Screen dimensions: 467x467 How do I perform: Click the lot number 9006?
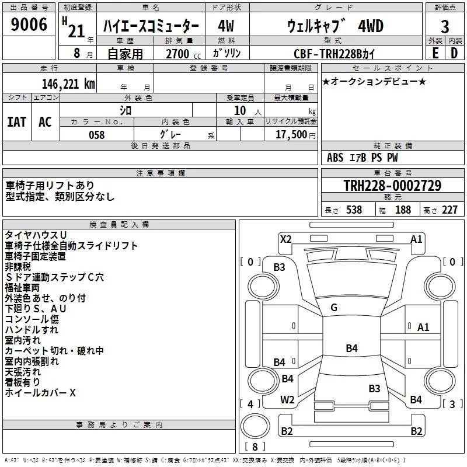[x=29, y=25]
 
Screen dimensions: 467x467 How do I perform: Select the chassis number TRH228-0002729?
[x=392, y=186]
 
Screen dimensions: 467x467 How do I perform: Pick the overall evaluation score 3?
[x=445, y=26]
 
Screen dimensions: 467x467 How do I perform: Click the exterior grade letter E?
[x=435, y=53]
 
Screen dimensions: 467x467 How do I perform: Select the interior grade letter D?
[x=454, y=53]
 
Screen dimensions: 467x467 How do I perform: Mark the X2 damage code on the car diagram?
[x=285, y=238]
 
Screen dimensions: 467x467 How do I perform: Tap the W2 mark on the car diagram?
[x=287, y=400]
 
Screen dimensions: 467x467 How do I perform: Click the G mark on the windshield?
[x=334, y=308]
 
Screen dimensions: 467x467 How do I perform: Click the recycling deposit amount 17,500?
[x=293, y=135]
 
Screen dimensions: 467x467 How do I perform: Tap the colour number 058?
[x=96, y=135]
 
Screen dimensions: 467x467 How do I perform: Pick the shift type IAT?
[x=16, y=122]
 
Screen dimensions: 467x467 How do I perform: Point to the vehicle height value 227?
[x=449, y=210]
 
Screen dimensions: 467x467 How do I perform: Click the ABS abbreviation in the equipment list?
[x=336, y=158]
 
